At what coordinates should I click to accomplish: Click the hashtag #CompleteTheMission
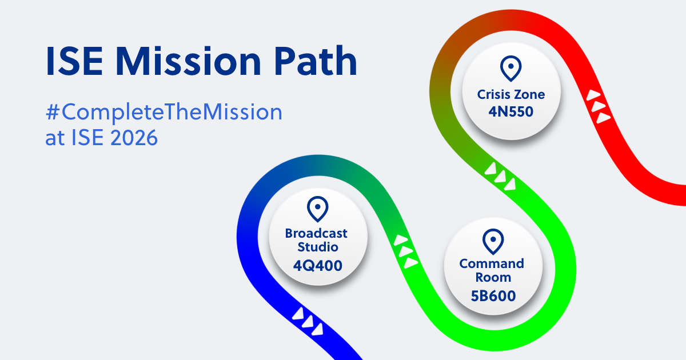[164, 113]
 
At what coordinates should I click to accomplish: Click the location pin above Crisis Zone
[510, 69]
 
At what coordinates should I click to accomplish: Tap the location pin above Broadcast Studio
[317, 209]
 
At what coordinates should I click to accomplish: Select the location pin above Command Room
[492, 242]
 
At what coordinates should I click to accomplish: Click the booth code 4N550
[511, 111]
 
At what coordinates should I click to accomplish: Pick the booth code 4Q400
[317, 265]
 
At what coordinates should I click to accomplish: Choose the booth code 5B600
[492, 296]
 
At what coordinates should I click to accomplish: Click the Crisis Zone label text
[511, 94]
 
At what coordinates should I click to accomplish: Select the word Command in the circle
[492, 263]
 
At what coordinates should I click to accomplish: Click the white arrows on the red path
[599, 106]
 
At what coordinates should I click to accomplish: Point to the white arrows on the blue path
[308, 321]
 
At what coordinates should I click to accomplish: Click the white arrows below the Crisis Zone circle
[501, 176]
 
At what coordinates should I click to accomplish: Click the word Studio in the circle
[317, 247]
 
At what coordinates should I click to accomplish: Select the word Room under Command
[493, 278]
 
